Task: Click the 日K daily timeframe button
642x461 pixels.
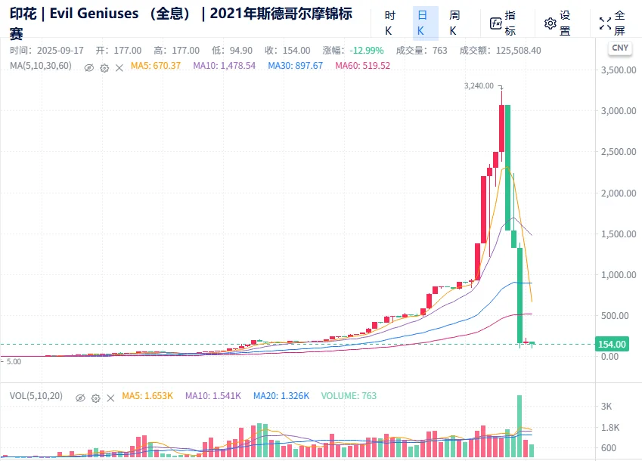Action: click(x=422, y=23)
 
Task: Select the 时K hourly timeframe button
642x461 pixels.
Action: click(x=389, y=23)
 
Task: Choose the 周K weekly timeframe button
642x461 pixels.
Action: click(x=454, y=23)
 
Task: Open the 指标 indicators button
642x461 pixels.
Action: click(x=504, y=23)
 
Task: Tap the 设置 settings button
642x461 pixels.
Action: click(x=558, y=23)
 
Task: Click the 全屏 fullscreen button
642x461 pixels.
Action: click(x=613, y=23)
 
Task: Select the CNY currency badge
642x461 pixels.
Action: click(x=619, y=48)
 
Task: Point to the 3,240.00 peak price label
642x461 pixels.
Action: click(x=479, y=86)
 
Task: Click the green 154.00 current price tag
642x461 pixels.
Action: click(x=612, y=345)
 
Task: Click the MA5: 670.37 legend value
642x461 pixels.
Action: click(x=155, y=66)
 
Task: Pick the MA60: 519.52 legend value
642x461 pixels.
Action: click(x=363, y=66)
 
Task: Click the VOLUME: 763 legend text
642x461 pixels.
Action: click(x=349, y=395)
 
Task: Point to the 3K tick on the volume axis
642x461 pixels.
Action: click(x=606, y=407)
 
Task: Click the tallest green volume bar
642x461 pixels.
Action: click(x=519, y=427)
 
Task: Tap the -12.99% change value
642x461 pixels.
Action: click(x=366, y=51)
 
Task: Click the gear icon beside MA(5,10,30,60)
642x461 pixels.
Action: click(x=105, y=67)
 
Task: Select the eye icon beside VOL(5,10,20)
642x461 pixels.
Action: click(x=79, y=396)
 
